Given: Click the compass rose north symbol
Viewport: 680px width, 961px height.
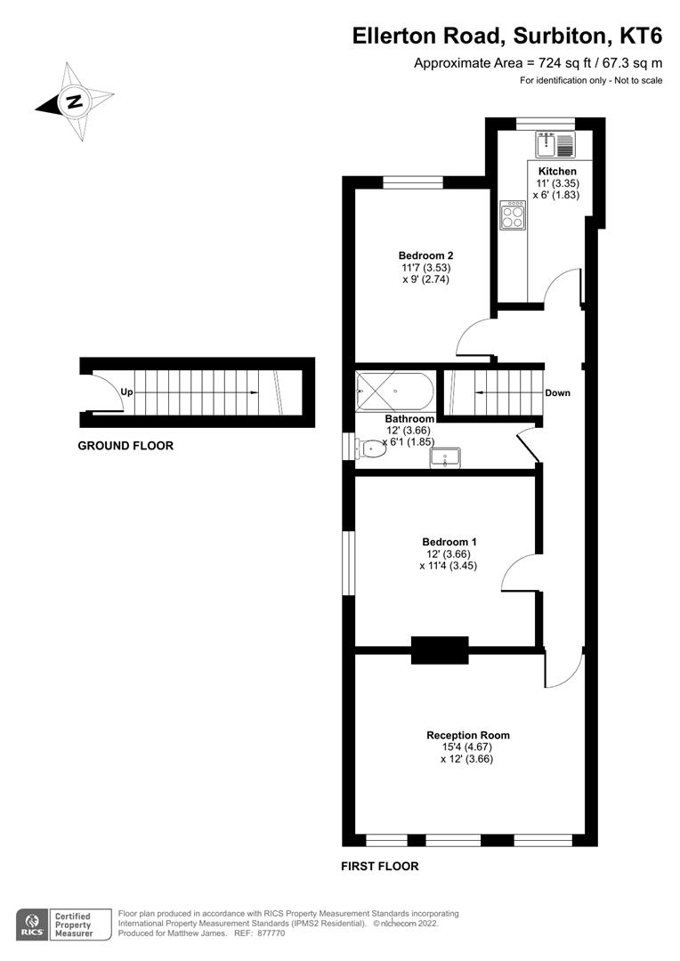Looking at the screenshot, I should [75, 101].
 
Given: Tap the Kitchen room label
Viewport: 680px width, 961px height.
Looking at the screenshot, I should [557, 171].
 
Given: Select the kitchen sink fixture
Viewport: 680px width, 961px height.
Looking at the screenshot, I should [557, 142].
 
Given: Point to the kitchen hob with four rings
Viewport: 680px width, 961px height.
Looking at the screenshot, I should [513, 215].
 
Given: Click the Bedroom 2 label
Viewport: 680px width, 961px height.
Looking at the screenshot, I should [420, 255].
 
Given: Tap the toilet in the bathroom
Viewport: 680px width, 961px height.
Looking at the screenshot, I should [371, 448].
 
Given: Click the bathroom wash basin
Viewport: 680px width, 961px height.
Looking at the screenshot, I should [444, 457].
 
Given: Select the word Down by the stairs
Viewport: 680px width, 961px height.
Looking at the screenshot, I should [558, 392].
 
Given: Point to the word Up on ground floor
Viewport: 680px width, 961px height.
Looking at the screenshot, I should [127, 392].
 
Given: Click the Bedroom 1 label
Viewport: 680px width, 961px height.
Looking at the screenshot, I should [449, 542].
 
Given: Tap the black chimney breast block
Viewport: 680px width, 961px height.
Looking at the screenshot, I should [440, 650].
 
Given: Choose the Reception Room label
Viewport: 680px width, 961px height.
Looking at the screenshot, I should [468, 735].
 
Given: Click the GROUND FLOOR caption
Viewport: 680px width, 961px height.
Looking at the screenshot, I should [125, 446].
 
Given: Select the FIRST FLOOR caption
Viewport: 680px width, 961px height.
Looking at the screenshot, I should [379, 866].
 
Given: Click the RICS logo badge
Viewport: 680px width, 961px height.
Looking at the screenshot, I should [33, 924].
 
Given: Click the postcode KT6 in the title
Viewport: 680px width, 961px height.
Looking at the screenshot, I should [641, 36].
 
